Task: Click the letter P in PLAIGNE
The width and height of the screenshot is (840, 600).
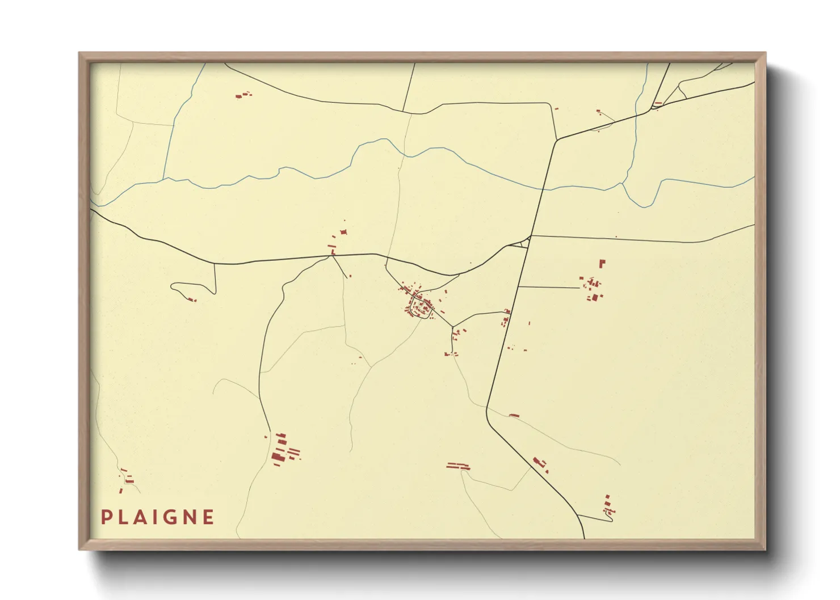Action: tap(106, 517)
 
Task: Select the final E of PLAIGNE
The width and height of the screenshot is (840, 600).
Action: tap(208, 517)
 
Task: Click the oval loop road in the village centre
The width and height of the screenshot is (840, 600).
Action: tap(421, 307)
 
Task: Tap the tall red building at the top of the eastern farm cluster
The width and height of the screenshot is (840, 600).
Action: tap(602, 263)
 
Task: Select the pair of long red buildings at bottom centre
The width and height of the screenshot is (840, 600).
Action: tap(458, 467)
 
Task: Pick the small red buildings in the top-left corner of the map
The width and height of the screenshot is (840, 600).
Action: tap(243, 95)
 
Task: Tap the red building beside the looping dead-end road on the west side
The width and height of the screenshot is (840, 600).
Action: tap(192, 299)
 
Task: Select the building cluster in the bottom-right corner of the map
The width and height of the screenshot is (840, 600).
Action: tap(608, 505)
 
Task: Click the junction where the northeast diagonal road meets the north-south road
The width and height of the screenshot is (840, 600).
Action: tap(556, 140)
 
